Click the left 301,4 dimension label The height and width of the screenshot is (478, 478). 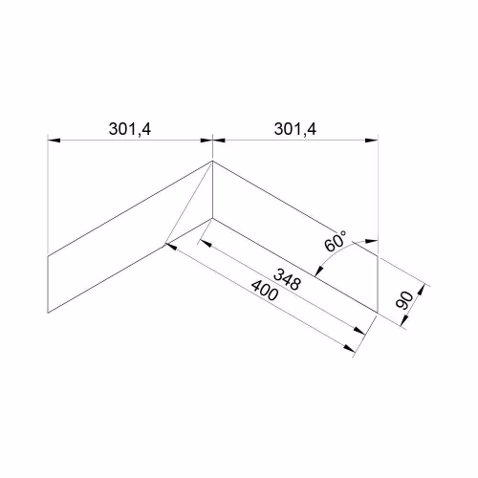pyautogui.click(x=130, y=129)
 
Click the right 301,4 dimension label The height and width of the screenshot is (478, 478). pyautogui.click(x=295, y=129)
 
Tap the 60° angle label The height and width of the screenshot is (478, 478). pyautogui.click(x=336, y=241)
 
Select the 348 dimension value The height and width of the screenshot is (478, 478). pyautogui.click(x=287, y=279)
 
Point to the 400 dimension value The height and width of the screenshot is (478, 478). pyautogui.click(x=265, y=291)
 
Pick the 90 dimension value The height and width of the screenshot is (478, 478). pyautogui.click(x=404, y=300)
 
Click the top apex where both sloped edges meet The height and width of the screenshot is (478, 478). pyautogui.click(x=212, y=162)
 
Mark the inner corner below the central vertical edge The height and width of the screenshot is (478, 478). pyautogui.click(x=212, y=218)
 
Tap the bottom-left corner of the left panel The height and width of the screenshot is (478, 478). pyautogui.click(x=48, y=313)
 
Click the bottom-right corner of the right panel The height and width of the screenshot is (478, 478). pyautogui.click(x=378, y=313)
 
